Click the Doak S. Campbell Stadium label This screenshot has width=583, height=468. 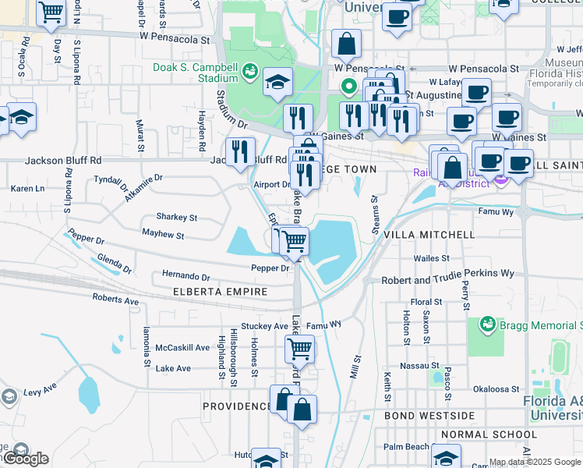pyautogui.click(x=196, y=73)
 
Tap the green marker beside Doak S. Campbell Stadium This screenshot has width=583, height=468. pyautogui.click(x=250, y=73)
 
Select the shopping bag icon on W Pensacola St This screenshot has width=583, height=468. pyautogui.click(x=346, y=45)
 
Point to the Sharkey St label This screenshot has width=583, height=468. pyautogui.click(x=176, y=218)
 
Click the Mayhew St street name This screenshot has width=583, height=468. pyautogui.click(x=163, y=234)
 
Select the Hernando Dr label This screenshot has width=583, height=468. pyautogui.click(x=185, y=277)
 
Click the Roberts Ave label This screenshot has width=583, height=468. pyautogui.click(x=115, y=300)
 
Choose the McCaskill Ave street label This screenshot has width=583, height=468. pyautogui.click(x=182, y=347)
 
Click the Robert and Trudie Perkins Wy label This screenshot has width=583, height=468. pyautogui.click(x=447, y=274)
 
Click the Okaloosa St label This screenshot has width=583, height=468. pyautogui.click(x=496, y=388)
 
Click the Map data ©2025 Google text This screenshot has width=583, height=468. pyautogui.click(x=535, y=462)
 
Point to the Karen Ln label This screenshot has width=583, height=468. pyautogui.click(x=27, y=189)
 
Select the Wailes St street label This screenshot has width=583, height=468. pyautogui.click(x=432, y=257)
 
